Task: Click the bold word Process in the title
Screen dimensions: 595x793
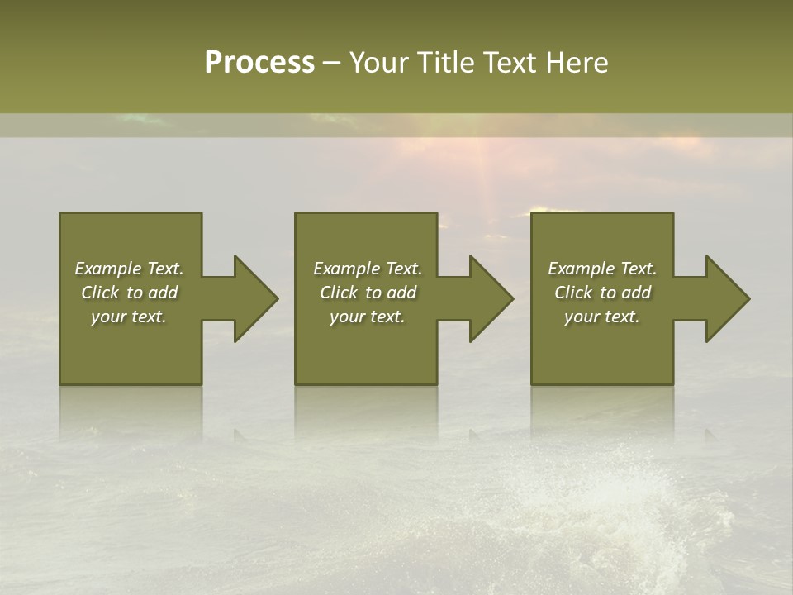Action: point(259,63)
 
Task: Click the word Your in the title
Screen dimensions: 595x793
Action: point(382,63)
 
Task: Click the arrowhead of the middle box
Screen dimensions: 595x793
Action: point(491,298)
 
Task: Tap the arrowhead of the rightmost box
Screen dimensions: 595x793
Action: point(727,298)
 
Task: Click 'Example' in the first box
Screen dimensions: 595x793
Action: point(107,269)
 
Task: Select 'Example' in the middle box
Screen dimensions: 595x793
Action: point(346,269)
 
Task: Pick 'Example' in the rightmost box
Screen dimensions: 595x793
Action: point(581,269)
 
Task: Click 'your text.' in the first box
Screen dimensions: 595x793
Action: point(129,317)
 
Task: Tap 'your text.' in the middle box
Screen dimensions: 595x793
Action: point(368,317)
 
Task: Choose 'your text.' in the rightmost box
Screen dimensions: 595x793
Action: point(602,317)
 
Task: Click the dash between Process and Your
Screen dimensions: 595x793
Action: point(331,63)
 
